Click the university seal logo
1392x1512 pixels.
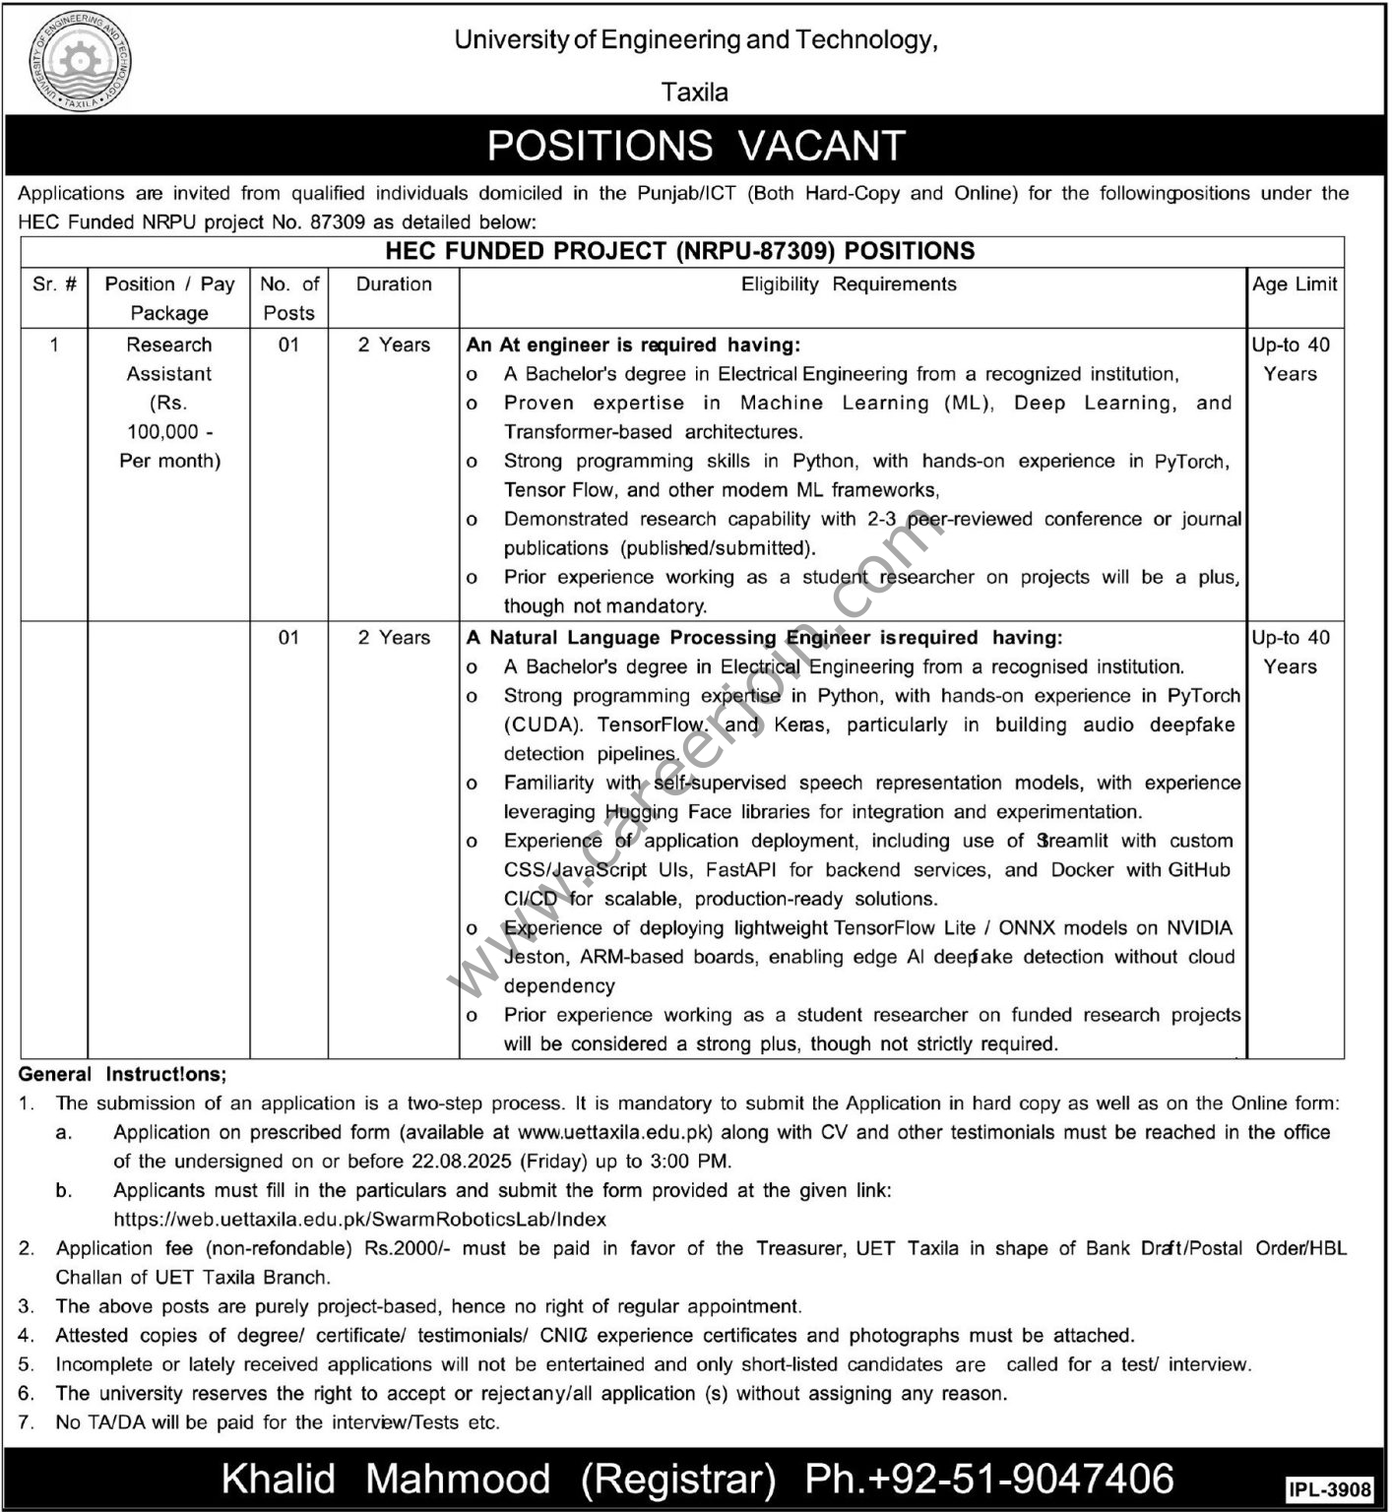(80, 62)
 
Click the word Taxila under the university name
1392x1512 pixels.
(695, 93)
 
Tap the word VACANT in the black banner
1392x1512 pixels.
(821, 146)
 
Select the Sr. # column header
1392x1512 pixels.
(54, 284)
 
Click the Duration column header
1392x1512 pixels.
(394, 284)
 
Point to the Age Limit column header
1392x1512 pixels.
(1295, 284)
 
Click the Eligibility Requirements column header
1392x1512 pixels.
(849, 284)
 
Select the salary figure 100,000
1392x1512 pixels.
(163, 431)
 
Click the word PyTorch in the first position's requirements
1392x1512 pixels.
(1191, 462)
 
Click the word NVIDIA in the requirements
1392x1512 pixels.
(1199, 928)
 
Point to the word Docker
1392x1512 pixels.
(1082, 870)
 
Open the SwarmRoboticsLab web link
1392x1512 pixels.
(359, 1220)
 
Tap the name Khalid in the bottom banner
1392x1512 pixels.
(279, 1480)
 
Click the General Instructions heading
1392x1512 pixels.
(122, 1075)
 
